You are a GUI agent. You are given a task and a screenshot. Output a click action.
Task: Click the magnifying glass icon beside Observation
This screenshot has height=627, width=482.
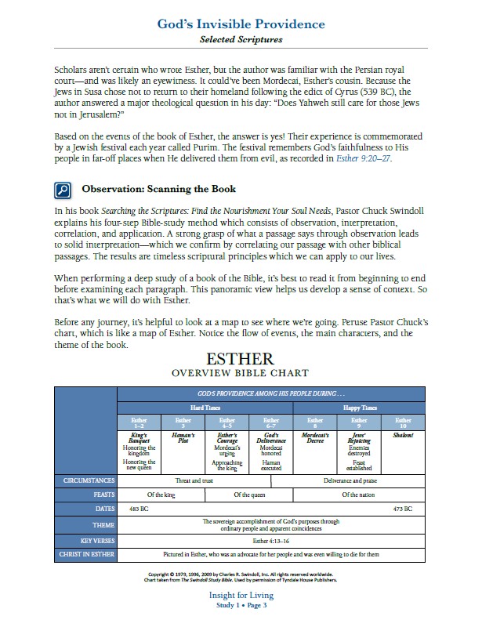tap(63, 190)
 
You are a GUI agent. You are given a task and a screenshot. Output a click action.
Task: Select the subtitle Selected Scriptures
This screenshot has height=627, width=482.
tap(241, 38)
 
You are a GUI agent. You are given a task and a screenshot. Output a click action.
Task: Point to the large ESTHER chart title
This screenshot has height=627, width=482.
tap(241, 359)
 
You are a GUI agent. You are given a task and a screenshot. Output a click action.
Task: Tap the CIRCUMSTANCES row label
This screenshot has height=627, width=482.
tap(85, 479)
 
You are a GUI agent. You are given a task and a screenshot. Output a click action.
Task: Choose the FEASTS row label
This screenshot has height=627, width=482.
tap(85, 495)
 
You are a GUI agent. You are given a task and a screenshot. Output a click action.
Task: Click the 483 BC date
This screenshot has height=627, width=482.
tap(140, 509)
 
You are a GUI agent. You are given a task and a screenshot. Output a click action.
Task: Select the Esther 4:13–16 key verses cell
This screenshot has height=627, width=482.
tap(271, 540)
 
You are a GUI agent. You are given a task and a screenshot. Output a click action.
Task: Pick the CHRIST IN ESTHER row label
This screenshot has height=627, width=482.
tap(85, 555)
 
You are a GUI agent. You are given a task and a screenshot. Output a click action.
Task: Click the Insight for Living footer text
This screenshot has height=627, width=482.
tap(241, 596)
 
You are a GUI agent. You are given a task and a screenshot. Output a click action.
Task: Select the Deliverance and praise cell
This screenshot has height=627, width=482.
tap(360, 479)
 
